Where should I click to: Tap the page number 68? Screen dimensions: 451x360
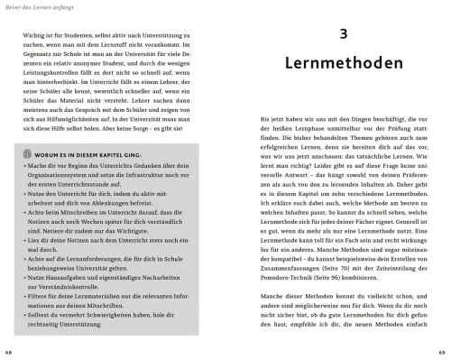[x=8, y=351]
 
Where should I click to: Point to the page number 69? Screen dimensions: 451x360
[x=443, y=351]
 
